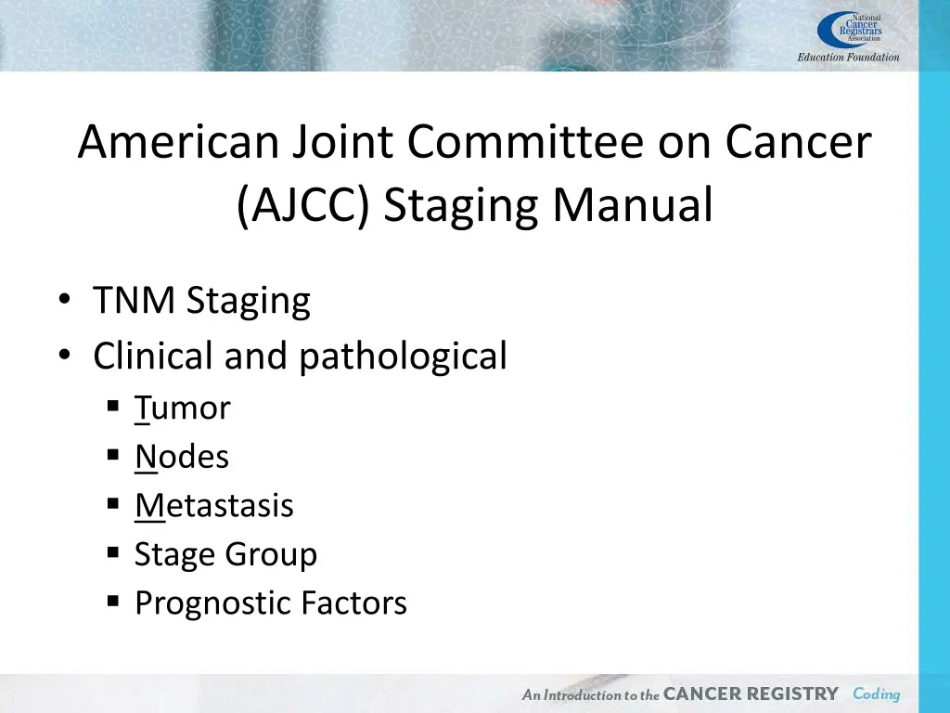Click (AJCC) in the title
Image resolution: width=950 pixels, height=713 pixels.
coord(303,205)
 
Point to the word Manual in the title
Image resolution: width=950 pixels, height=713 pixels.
coord(634,205)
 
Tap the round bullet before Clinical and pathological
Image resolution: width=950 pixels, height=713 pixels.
coord(64,356)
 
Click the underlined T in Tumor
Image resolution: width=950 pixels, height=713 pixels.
coord(142,408)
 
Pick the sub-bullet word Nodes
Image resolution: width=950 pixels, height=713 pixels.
coord(182,457)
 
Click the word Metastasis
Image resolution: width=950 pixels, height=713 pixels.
coord(214,506)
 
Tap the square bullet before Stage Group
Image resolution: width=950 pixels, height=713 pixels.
coord(113,553)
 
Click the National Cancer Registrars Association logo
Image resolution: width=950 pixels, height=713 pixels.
coord(849,30)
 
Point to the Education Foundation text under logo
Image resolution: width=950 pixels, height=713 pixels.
coord(848,58)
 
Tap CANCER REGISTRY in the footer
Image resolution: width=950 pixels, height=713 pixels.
coord(751,694)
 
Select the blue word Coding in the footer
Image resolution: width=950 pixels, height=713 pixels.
coord(877,694)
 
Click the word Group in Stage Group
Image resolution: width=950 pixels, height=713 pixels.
coord(272,555)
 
